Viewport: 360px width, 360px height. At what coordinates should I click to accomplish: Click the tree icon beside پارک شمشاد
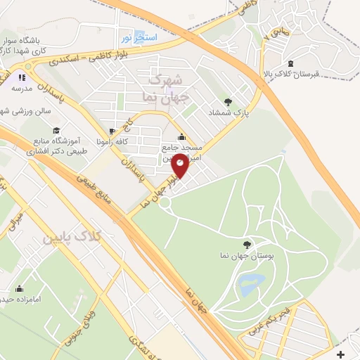227,101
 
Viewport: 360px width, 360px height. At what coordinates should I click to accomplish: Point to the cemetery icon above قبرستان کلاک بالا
290,63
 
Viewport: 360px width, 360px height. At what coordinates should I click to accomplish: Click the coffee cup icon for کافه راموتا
111,131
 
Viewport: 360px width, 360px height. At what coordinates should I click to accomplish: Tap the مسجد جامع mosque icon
182,136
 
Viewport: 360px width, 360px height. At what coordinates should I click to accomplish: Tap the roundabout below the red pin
166,203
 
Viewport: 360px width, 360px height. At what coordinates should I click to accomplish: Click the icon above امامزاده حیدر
19,288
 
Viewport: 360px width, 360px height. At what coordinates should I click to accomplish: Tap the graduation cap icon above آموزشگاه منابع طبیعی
56,130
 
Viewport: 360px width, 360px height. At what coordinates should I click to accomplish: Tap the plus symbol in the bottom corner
341,353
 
